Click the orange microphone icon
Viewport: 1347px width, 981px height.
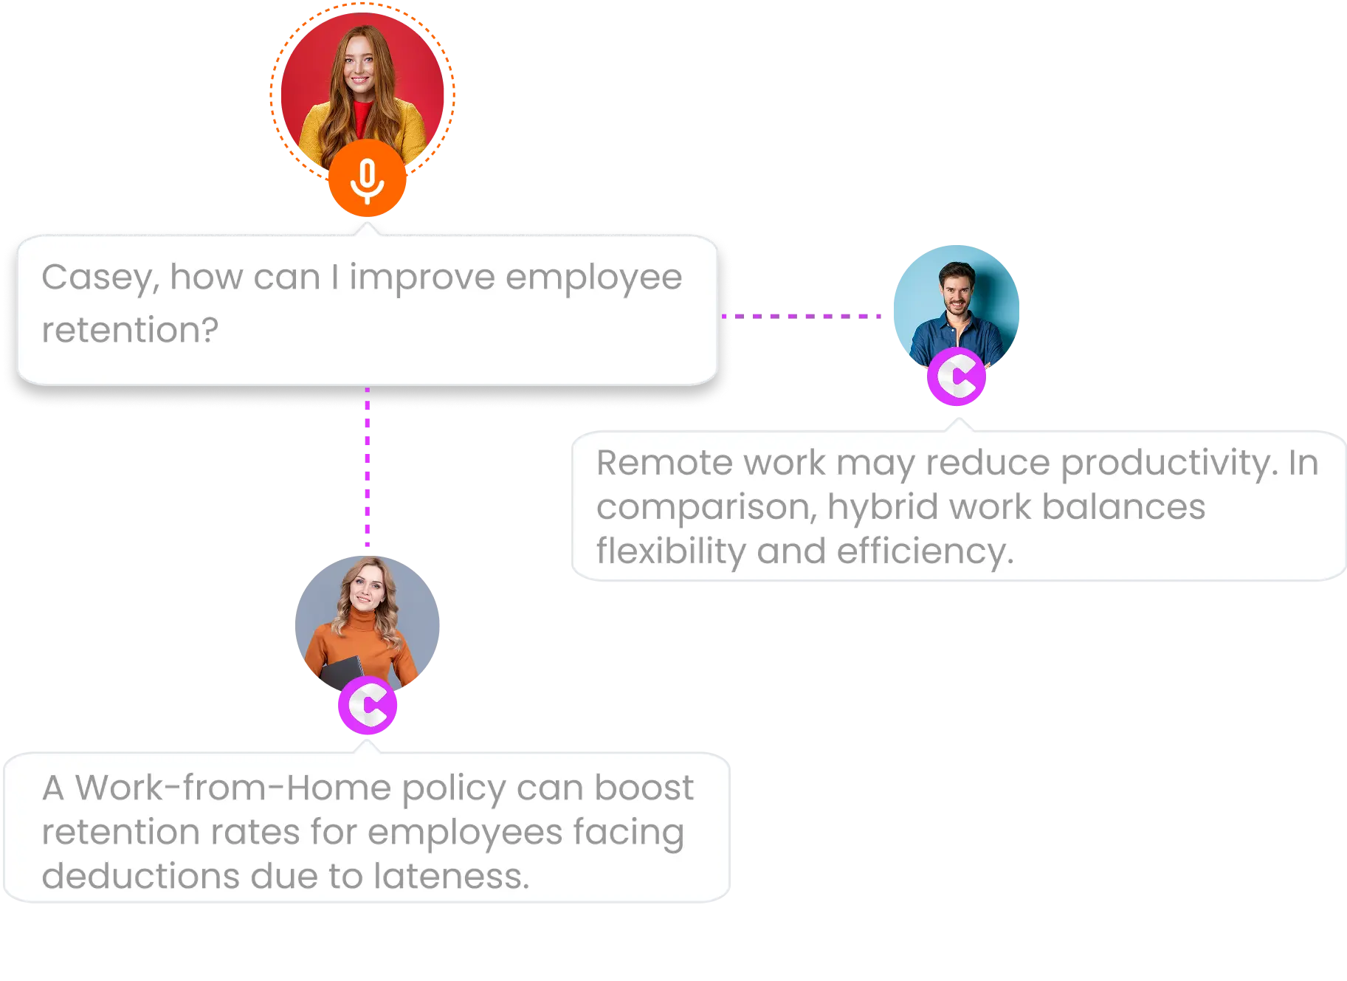(367, 179)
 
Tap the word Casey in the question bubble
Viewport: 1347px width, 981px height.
(97, 278)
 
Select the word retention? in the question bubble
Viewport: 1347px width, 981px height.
(130, 330)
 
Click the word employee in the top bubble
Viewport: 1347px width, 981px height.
(593, 278)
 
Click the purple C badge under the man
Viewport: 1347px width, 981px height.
(957, 377)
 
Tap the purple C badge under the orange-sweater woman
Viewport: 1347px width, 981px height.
(367, 706)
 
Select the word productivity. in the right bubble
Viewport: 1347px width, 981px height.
(1169, 464)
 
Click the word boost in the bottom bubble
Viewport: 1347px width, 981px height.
(644, 788)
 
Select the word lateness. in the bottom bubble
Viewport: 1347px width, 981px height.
(452, 876)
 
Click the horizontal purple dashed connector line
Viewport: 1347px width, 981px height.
(805, 316)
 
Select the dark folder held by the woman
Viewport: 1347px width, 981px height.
(342, 672)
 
